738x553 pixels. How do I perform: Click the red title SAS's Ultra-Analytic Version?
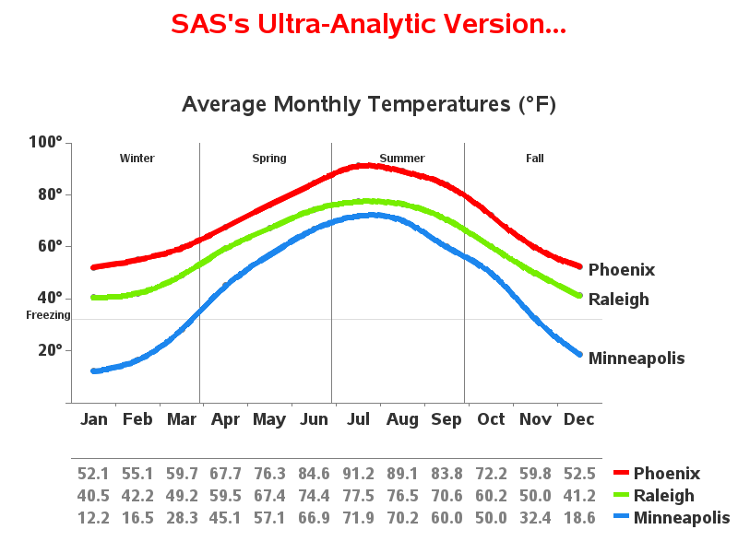coord(368,25)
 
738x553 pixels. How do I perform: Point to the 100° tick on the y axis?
coord(45,142)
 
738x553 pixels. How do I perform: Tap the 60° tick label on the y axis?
coord(51,246)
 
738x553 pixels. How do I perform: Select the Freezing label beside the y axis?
coord(48,315)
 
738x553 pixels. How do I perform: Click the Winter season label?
coord(137,158)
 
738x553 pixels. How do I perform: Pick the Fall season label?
coord(535,158)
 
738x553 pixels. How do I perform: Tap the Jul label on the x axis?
coord(358,418)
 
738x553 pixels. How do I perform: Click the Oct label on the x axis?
coord(491,418)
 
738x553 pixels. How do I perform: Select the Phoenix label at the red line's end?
coord(622,270)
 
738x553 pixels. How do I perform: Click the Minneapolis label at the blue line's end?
coord(637,359)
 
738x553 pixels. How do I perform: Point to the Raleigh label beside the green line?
coord(619,300)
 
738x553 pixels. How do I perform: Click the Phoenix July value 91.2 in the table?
coord(358,474)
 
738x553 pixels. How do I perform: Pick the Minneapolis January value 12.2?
coord(93,518)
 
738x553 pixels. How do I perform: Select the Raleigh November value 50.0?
coord(535,496)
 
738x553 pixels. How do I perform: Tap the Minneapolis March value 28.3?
coord(182,518)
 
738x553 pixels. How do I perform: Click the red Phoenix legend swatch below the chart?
coord(621,472)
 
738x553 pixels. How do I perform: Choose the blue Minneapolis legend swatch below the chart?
coord(621,516)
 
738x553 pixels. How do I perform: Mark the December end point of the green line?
coord(579,295)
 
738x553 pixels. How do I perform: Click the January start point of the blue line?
coord(94,371)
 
